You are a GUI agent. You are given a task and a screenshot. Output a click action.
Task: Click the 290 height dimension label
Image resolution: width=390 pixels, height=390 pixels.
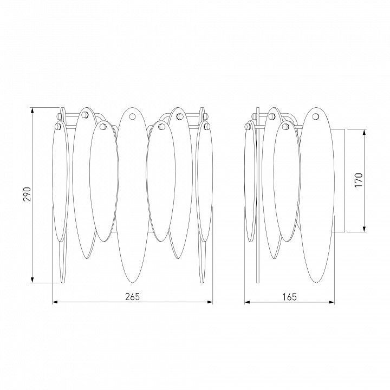[27, 194]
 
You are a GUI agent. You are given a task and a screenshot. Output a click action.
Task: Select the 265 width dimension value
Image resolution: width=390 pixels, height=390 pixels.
[133, 297]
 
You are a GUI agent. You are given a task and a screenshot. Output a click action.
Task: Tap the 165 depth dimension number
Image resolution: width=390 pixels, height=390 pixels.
[290, 297]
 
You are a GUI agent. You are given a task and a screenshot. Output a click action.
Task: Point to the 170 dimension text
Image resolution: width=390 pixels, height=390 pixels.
[359, 180]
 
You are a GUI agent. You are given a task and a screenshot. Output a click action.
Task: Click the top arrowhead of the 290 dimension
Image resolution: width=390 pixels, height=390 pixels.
[32, 110]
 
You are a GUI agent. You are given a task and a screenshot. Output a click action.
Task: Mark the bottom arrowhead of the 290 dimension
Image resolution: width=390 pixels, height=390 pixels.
[32, 280]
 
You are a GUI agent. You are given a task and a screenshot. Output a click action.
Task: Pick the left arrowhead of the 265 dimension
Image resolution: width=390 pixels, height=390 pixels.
[55, 302]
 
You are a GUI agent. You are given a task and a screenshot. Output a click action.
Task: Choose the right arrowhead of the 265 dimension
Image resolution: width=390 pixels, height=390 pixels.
[210, 302]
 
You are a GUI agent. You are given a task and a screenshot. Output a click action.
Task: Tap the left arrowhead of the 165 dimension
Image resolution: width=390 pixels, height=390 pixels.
[247, 302]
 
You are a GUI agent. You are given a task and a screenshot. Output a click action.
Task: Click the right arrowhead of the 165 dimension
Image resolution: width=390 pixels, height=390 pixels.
[331, 302]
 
